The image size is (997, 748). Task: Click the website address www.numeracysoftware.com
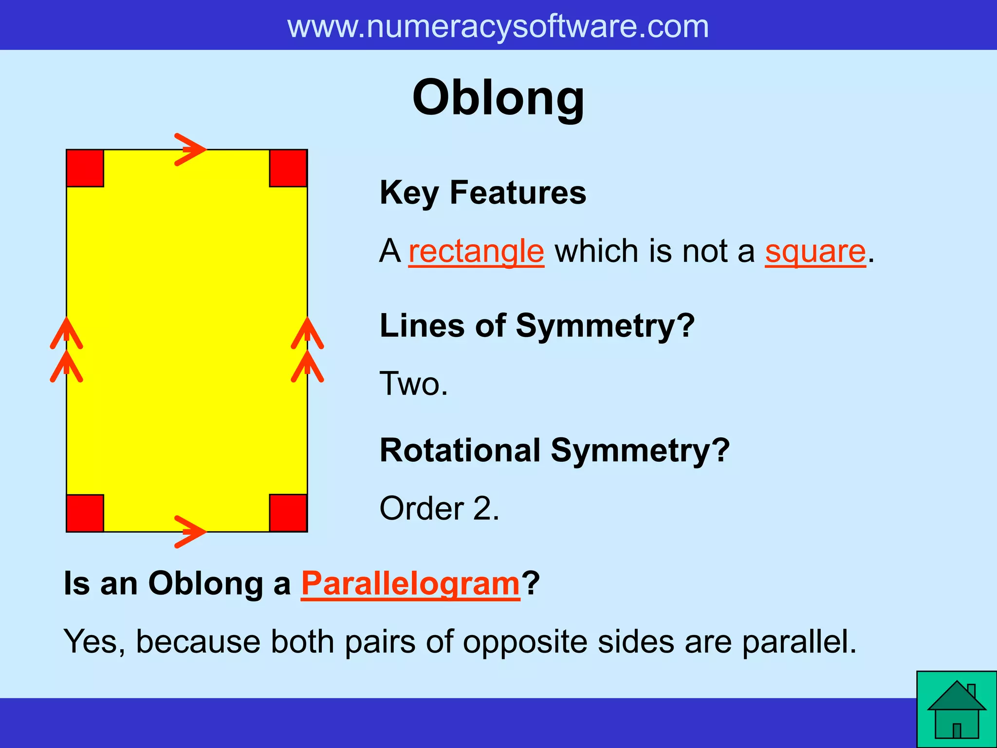[x=498, y=26]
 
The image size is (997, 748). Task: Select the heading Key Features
[x=483, y=193]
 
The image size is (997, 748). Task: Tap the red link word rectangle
[x=476, y=252]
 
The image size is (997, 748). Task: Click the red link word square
[x=815, y=252]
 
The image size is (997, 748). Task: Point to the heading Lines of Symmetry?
[x=537, y=325]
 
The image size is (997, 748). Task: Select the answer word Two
[x=413, y=384]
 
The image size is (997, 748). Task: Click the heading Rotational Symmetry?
[x=554, y=450]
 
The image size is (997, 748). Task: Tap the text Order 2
[x=439, y=508]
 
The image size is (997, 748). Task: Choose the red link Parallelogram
[x=410, y=583]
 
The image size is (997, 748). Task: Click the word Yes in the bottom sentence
[x=94, y=642]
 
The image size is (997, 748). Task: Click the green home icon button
[x=956, y=710]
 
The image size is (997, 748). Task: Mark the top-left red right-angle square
[x=85, y=168]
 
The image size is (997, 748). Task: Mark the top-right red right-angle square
[x=288, y=168]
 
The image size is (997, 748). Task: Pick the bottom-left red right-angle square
[x=85, y=513]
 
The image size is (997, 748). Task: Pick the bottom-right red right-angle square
[x=288, y=513]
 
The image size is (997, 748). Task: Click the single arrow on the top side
[x=190, y=150]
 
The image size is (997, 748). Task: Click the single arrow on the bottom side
[x=190, y=532]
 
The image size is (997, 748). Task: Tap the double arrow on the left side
[x=67, y=350]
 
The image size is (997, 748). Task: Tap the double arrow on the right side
[x=307, y=350]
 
